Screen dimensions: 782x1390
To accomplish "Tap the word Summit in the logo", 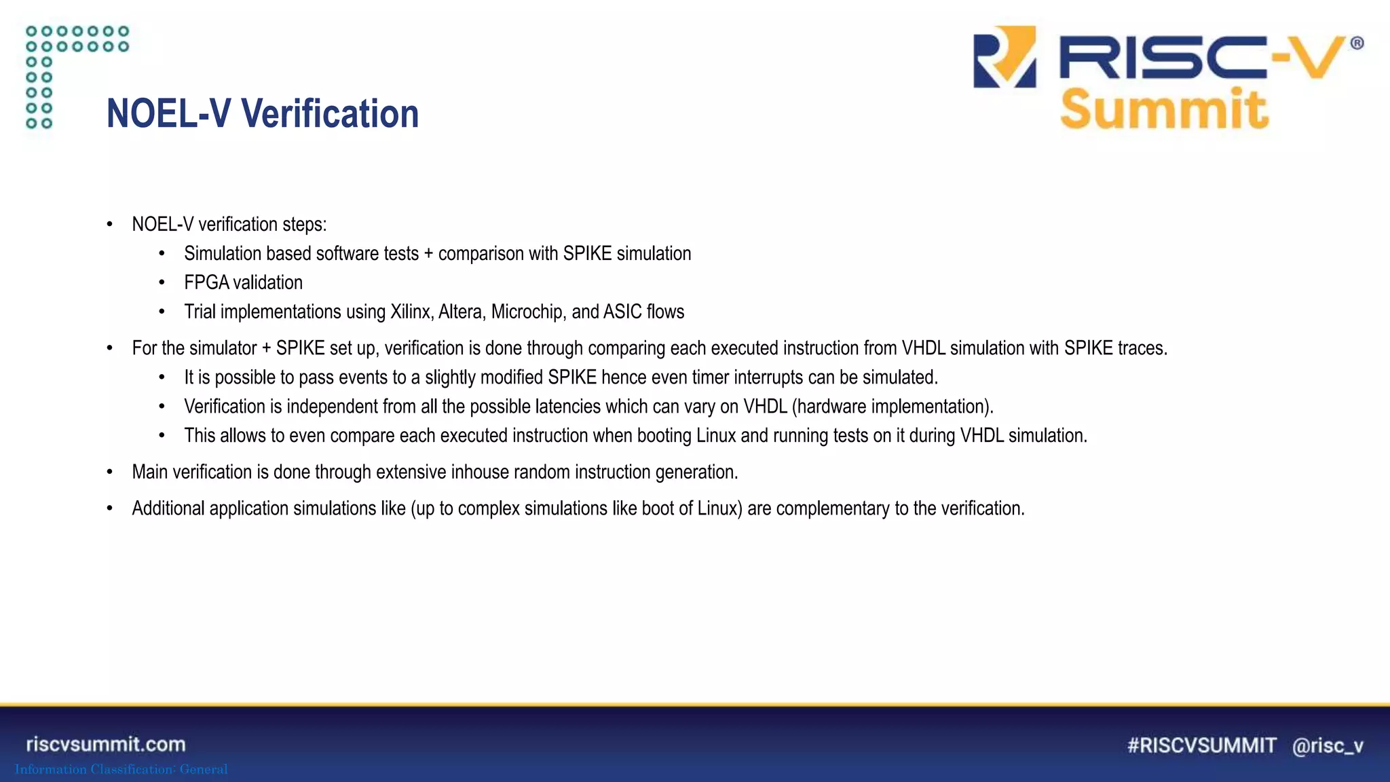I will click(x=1164, y=109).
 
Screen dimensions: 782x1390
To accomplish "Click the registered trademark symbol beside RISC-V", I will click(x=1357, y=43).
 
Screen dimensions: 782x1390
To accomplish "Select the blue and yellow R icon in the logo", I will click(x=1004, y=57).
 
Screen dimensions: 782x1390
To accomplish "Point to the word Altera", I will click(x=461, y=312).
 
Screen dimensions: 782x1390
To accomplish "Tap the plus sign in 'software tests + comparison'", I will click(x=428, y=254).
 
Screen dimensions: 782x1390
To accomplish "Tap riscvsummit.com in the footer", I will click(x=106, y=744).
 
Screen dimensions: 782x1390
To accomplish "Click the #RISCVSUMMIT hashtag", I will click(x=1201, y=745).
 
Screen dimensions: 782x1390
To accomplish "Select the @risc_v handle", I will click(x=1328, y=745).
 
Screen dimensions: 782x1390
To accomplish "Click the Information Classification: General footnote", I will click(x=121, y=769).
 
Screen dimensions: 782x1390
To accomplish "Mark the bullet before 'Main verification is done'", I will click(x=109, y=472).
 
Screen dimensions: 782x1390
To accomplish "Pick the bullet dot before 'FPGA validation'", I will click(x=162, y=283).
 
